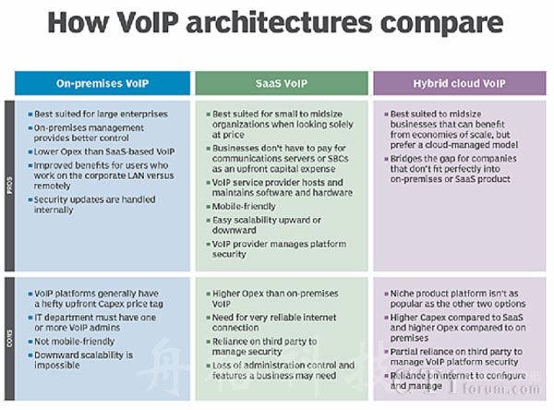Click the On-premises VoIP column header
pos(102,83)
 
